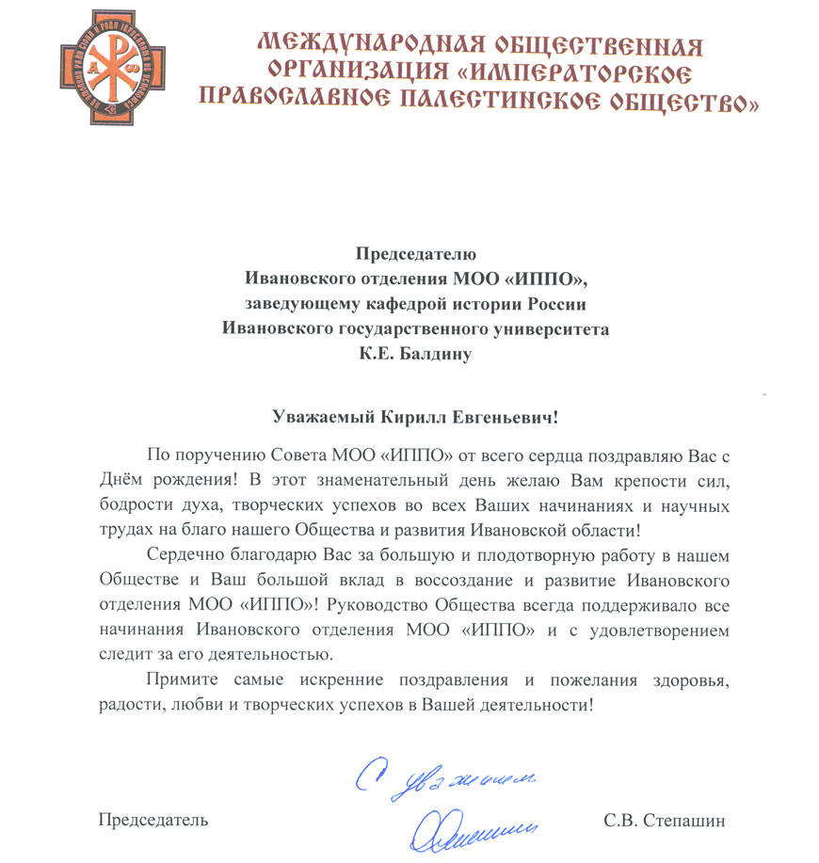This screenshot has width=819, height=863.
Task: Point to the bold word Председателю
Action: (x=416, y=253)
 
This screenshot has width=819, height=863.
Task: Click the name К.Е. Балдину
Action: (x=416, y=354)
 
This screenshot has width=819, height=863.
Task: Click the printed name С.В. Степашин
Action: (x=666, y=821)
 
